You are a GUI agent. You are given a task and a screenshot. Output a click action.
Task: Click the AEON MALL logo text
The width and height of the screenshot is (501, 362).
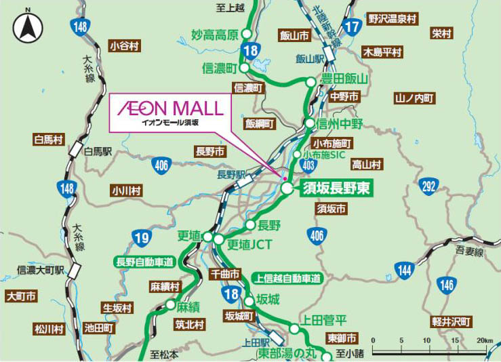169,108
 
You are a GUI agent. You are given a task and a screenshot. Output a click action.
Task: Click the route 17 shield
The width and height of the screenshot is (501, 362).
351,28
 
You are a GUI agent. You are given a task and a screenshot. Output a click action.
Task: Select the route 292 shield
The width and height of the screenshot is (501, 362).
427,187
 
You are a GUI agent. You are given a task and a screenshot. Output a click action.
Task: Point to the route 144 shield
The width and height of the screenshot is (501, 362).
405,270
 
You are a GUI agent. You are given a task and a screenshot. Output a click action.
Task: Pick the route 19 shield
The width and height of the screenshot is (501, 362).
141,237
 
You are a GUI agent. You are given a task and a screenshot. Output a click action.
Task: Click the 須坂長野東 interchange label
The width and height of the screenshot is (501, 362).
336,188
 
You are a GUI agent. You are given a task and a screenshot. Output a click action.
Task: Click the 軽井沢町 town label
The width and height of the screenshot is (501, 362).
452,322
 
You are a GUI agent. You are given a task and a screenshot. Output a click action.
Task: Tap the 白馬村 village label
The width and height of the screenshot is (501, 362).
47,140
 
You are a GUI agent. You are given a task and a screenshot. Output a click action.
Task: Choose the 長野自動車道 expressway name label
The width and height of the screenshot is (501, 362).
146,262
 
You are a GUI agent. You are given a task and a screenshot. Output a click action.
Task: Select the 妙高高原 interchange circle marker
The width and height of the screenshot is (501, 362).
247,34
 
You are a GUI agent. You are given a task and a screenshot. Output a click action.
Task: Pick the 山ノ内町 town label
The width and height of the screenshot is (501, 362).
414,98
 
